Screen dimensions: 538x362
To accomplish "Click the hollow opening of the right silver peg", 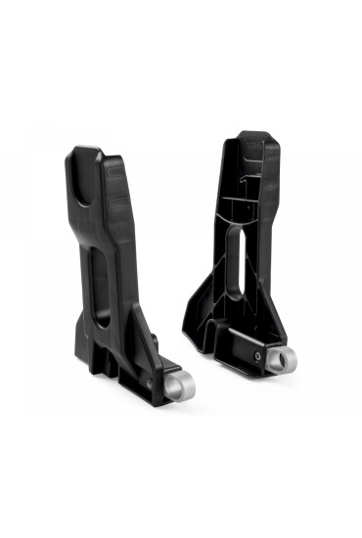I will point(280,360).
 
